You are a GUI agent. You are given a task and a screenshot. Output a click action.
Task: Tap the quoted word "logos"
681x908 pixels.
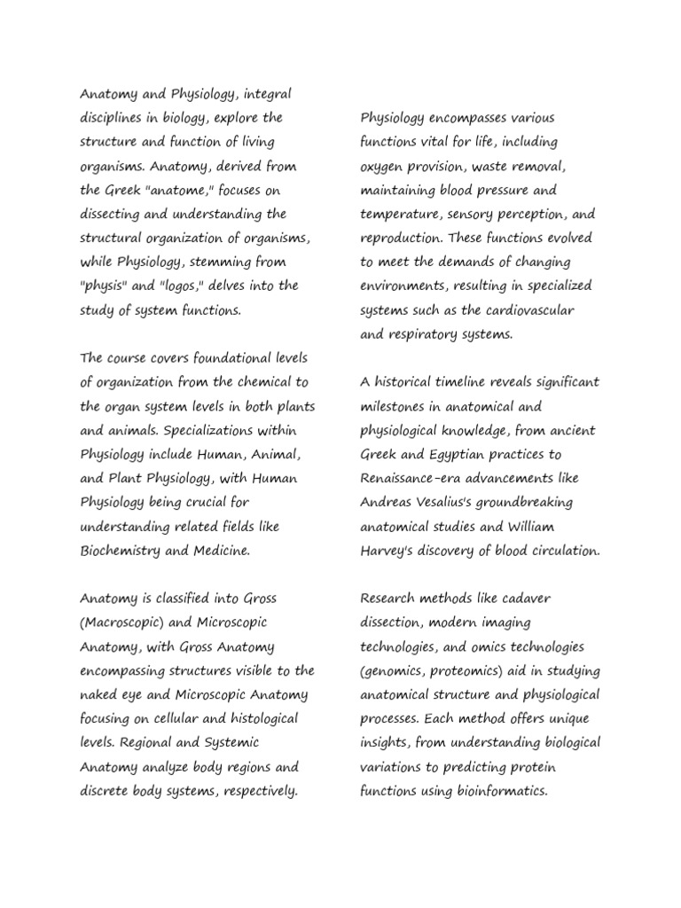click(182, 286)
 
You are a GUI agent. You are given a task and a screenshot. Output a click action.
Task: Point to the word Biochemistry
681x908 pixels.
click(121, 550)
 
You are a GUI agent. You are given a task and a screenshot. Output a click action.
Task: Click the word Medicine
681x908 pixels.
click(220, 550)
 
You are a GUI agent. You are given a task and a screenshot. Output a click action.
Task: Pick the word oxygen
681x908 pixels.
click(382, 166)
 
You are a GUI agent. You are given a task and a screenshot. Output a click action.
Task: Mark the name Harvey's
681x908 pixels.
click(388, 550)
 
